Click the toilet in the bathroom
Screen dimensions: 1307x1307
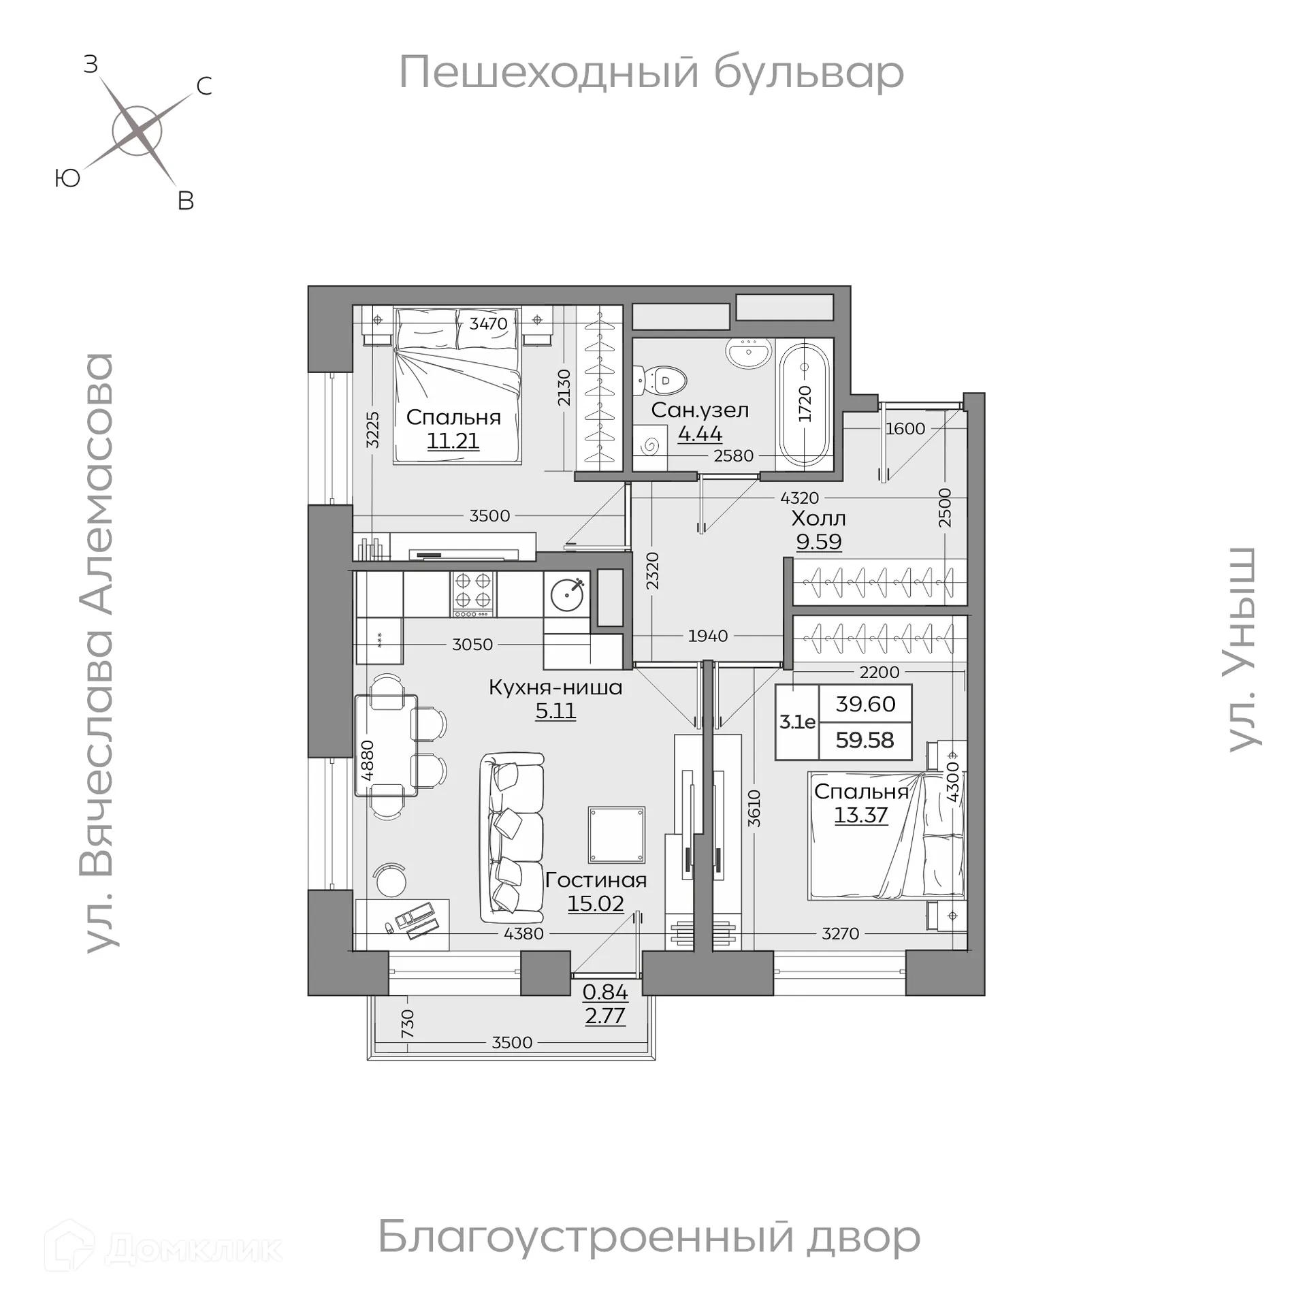662,381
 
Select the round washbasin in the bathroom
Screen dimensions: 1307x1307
749,352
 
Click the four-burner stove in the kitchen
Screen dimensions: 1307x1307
473,590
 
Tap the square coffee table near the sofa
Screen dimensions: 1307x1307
616,835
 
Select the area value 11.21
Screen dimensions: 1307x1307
453,441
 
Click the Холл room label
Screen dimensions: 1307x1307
818,519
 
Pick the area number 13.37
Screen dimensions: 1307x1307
861,815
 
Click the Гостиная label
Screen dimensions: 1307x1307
596,880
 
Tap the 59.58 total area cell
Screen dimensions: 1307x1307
865,740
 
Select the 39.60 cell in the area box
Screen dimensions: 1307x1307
865,705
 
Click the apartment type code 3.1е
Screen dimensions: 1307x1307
797,722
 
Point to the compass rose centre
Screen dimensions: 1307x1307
137,131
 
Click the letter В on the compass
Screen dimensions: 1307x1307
185,201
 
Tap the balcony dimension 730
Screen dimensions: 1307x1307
407,1023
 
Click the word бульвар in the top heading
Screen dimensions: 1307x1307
809,73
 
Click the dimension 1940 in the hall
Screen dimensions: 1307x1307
708,636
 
